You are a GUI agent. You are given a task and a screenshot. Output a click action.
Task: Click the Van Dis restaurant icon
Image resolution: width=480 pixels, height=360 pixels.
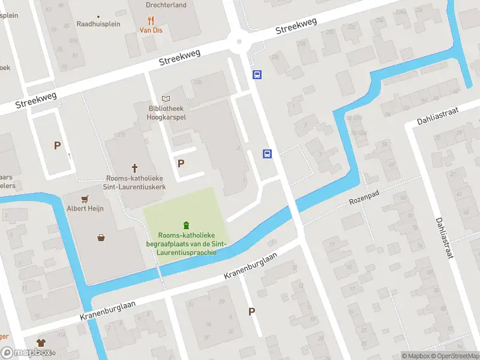click(151, 20)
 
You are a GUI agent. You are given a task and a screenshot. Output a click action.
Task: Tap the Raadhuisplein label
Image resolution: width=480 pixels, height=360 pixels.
click(98, 24)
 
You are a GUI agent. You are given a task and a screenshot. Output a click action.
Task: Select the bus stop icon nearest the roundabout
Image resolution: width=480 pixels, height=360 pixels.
click(257, 75)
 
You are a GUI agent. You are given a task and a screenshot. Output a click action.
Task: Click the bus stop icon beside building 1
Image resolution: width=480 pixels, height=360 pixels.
click(268, 154)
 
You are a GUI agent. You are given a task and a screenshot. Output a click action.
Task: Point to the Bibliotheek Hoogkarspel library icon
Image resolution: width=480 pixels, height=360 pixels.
click(166, 98)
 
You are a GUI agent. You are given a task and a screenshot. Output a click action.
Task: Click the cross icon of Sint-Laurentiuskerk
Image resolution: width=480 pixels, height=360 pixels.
click(136, 169)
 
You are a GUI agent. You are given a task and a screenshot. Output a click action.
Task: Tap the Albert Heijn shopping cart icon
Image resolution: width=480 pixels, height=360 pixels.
click(85, 199)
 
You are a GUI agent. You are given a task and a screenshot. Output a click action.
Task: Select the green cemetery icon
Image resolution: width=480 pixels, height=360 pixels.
click(186, 225)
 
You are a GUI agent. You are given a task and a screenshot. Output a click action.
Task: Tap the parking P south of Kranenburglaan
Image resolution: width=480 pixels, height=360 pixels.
click(251, 311)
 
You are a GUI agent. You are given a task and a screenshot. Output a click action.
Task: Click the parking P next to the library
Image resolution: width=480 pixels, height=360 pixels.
click(181, 163)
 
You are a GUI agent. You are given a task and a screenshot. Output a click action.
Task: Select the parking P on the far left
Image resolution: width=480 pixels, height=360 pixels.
click(58, 145)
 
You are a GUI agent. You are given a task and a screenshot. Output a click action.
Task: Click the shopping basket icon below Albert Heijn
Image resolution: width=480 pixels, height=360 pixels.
click(101, 238)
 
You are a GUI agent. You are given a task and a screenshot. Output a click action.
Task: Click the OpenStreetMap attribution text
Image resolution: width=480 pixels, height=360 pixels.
click(460, 356)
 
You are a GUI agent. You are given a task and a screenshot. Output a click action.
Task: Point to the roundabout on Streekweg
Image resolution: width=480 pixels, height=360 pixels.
click(239, 41)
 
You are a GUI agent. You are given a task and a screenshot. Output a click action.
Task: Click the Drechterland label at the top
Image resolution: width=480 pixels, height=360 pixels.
click(166, 5)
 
